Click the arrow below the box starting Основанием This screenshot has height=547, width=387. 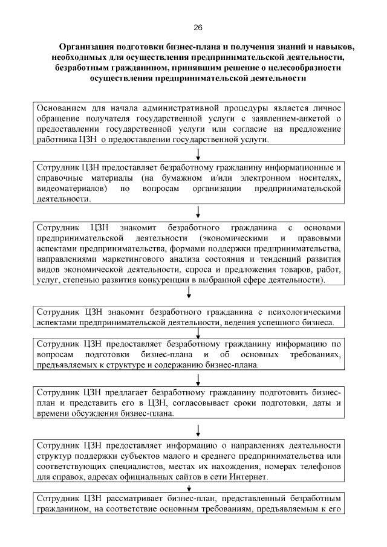point(198,154)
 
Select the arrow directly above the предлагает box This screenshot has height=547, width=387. point(198,379)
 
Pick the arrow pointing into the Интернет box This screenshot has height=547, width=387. point(198,430)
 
